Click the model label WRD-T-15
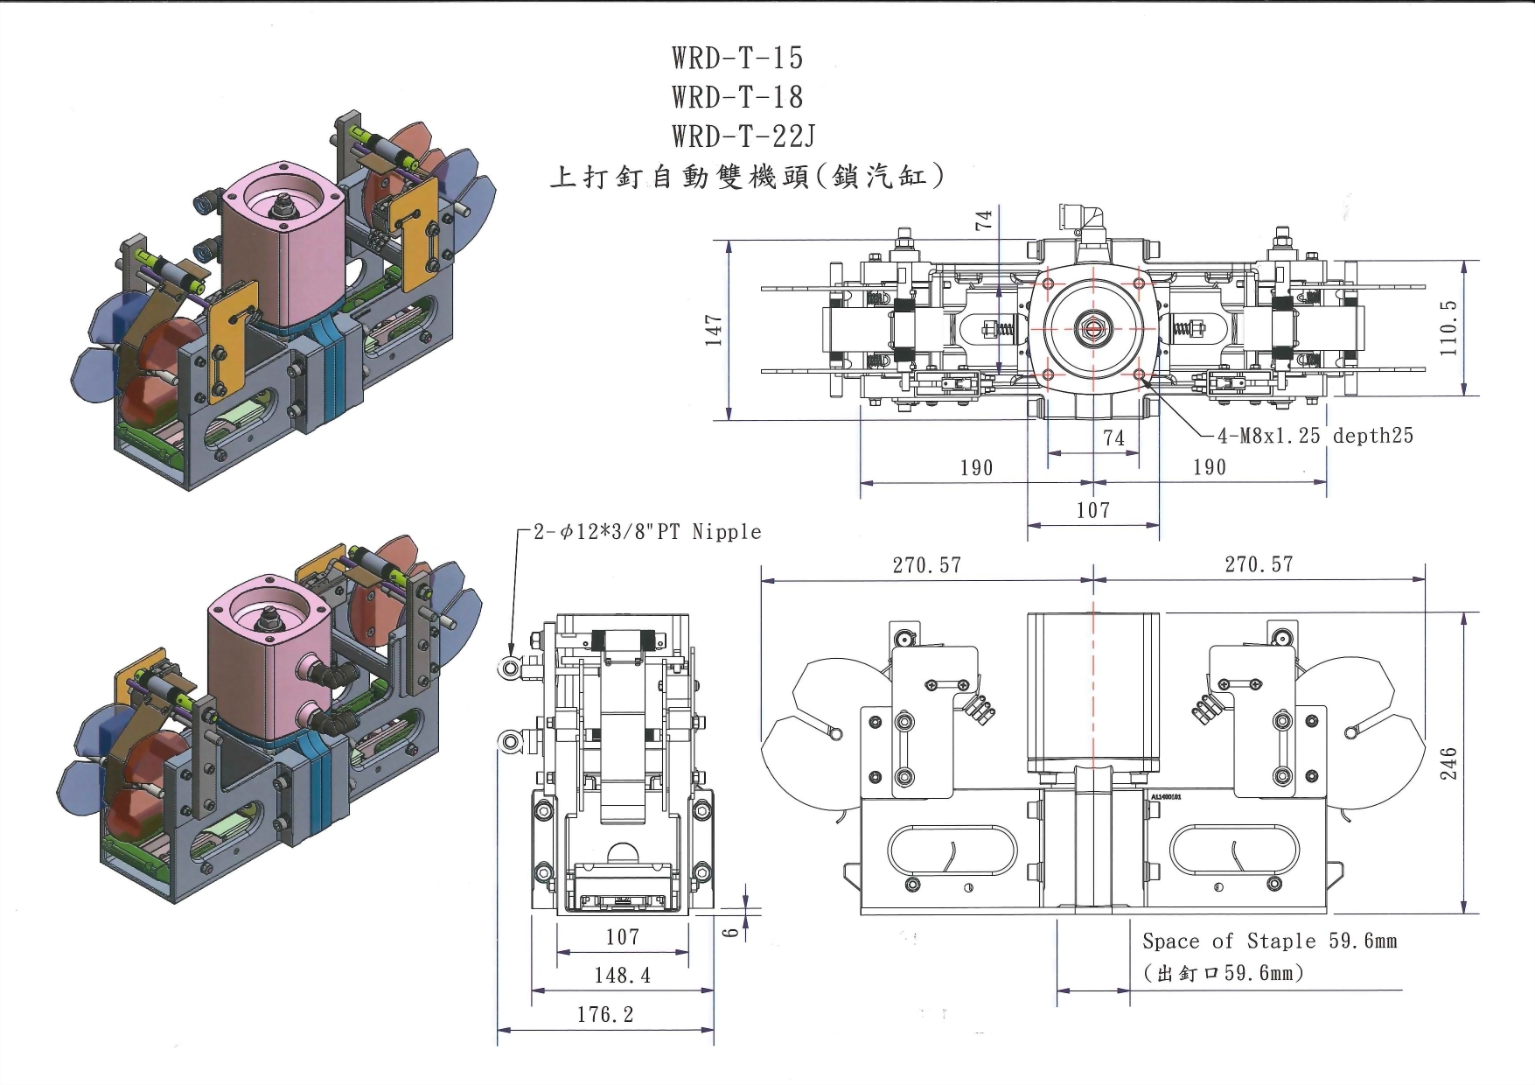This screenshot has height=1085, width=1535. coord(737,58)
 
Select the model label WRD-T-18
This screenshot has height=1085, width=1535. coord(737,97)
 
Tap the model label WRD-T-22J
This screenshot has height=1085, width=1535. coord(743,136)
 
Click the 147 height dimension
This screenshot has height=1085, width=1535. coord(715,331)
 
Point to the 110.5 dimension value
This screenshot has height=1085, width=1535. coord(1448,327)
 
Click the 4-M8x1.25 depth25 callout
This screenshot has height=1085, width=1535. coord(1315,436)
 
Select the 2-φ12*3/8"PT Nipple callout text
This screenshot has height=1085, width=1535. coord(647,532)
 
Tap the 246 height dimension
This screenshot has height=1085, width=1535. coord(1448,763)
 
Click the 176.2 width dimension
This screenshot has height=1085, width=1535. coord(604,1015)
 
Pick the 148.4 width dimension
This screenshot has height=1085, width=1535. coord(623,976)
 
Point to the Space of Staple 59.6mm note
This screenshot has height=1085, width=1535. coord(1269,941)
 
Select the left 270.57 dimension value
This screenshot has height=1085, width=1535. coord(926,565)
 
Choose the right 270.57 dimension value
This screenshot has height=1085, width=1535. coord(1259,565)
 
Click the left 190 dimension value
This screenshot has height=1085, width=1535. coord(976,468)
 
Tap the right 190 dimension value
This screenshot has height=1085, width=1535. coord(1210,467)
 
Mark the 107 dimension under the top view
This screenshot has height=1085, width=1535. coord(1093,510)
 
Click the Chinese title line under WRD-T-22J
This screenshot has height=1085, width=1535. coord(747,178)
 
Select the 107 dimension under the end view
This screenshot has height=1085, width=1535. coord(623,937)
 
